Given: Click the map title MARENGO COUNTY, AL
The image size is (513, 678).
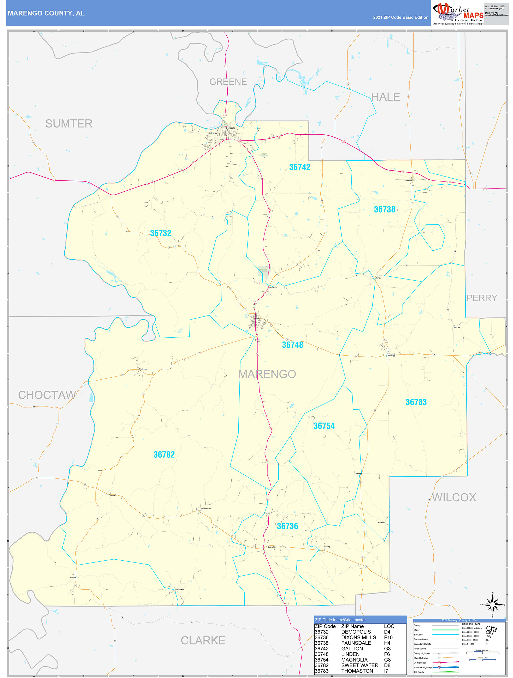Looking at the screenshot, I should (46, 13).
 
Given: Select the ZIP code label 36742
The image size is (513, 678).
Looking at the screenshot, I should (299, 167).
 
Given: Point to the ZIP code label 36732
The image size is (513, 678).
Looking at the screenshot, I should (161, 233).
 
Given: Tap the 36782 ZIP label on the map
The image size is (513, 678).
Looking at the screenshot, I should (164, 455).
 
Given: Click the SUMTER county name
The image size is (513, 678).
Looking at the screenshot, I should (69, 124).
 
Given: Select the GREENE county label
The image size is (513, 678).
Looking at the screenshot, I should (228, 82).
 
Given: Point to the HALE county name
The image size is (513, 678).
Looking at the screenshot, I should (385, 97).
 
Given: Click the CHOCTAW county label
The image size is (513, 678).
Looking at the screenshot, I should (47, 395).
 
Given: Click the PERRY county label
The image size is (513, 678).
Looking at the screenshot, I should (481, 298).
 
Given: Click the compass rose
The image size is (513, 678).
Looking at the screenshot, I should (492, 604).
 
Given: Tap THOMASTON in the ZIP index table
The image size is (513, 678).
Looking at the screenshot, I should (357, 671).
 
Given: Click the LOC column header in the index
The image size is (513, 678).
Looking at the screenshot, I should (389, 626).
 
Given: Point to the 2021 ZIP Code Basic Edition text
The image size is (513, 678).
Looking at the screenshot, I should (400, 17).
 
